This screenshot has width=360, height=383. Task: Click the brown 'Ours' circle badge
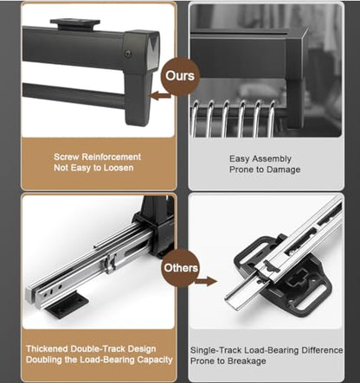coord(180,75)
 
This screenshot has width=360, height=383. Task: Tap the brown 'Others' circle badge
coord(181,267)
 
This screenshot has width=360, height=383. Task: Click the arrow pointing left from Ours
coord(160,95)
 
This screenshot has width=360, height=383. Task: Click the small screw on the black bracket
coord(128,53)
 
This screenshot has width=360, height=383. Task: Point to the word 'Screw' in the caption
coord(66,156)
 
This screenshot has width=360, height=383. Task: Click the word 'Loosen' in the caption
coord(119,168)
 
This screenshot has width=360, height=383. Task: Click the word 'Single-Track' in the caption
coord(216,350)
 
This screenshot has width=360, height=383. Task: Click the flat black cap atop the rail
coord(75,23)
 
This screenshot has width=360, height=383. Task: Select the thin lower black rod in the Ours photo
coord(74,96)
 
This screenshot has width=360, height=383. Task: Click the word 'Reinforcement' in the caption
coord(112,156)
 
